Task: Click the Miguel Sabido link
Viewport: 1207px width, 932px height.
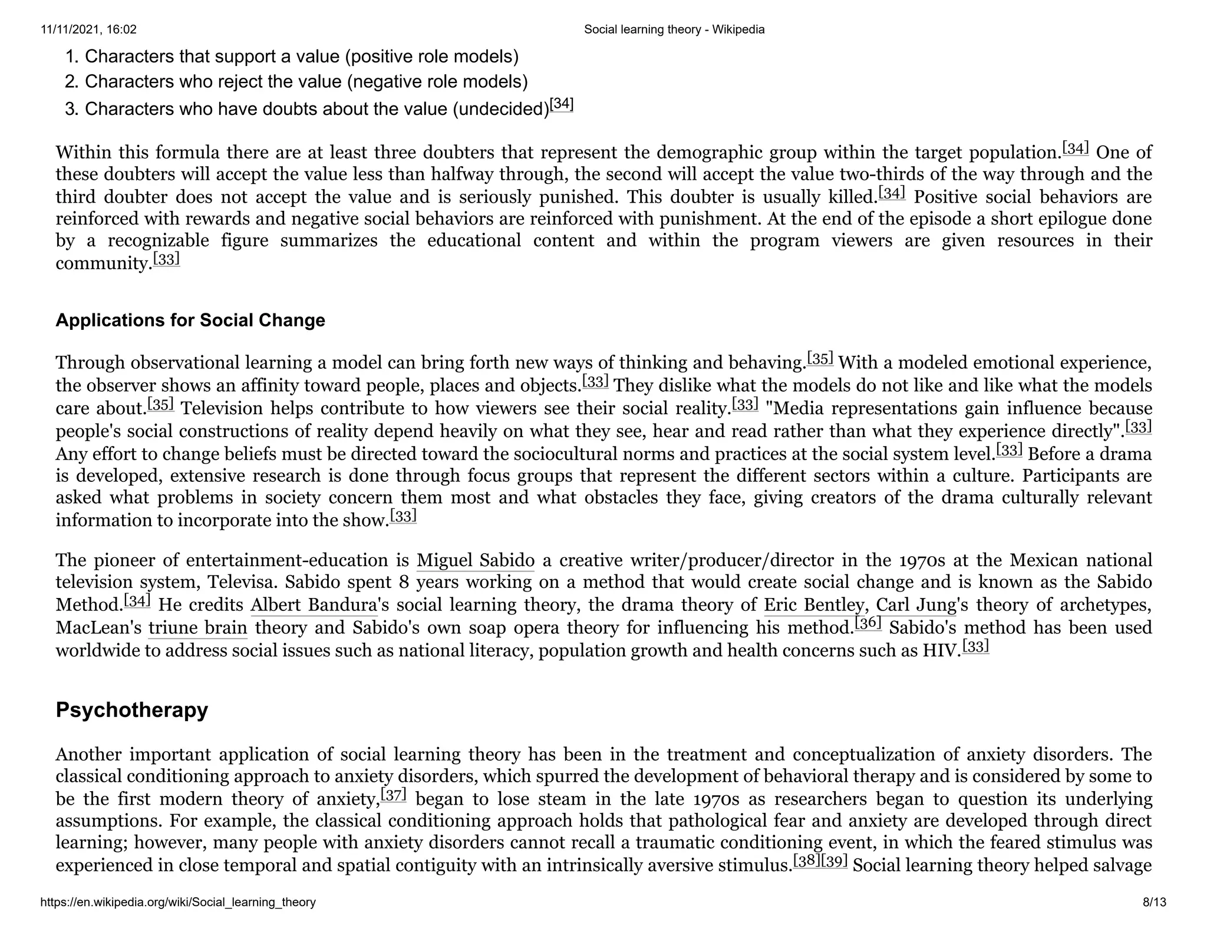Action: click(x=475, y=560)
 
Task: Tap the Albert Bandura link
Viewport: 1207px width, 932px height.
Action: click(x=314, y=605)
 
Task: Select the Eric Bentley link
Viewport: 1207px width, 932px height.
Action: click(x=814, y=605)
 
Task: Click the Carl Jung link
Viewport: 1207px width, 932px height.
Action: click(x=916, y=605)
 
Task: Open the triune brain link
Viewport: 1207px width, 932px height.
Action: click(x=197, y=628)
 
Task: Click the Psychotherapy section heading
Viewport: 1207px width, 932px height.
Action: click(x=131, y=710)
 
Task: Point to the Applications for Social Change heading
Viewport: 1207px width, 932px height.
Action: click(x=190, y=320)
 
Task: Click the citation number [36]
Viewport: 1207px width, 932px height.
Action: click(x=868, y=623)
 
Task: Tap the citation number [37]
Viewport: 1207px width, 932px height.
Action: click(x=393, y=795)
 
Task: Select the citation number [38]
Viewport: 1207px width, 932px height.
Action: click(x=806, y=861)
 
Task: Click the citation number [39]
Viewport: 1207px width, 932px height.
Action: click(x=834, y=861)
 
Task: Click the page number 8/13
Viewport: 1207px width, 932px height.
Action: click(x=1154, y=902)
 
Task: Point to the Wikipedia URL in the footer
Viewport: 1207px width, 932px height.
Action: click(x=178, y=902)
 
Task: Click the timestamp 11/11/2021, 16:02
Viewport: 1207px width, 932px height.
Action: click(x=88, y=29)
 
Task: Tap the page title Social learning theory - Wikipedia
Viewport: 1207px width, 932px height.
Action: click(x=674, y=29)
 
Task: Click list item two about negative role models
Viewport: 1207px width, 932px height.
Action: click(x=306, y=81)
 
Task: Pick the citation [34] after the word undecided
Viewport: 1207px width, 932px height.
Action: click(x=561, y=105)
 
